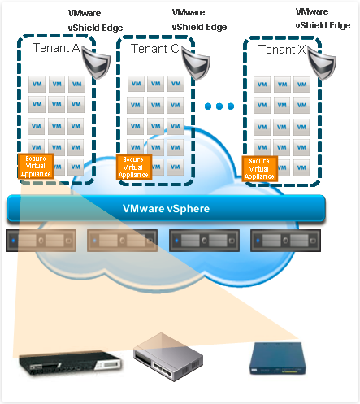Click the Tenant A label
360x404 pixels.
pyautogui.click(x=56, y=48)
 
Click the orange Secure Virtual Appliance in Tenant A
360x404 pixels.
pyautogui.click(x=36, y=166)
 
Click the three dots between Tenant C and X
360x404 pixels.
pyautogui.click(x=219, y=107)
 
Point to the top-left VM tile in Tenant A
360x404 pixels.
pyautogui.click(x=37, y=84)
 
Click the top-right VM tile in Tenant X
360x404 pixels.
pyautogui.click(x=301, y=85)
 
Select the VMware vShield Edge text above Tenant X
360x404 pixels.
pyautogui.click(x=323, y=19)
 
